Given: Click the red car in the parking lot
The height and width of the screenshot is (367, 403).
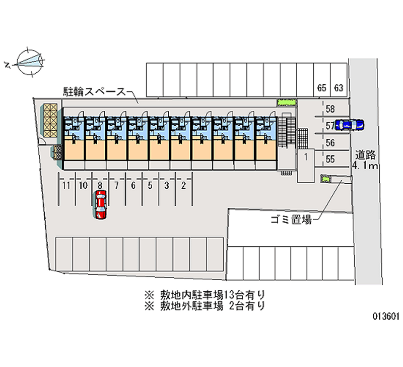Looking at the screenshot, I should coord(101,204).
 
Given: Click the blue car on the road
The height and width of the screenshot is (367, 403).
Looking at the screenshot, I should coord(349,124).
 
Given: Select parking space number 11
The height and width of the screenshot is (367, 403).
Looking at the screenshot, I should coord(66,186).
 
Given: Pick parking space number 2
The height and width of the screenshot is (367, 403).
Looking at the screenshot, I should coord(183,186).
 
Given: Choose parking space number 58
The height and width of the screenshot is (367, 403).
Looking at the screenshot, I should coord(330,109).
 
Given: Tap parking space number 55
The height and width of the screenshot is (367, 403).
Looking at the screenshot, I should coord(330,159).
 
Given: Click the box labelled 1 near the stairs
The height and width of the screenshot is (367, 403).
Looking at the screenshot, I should coord(306,157).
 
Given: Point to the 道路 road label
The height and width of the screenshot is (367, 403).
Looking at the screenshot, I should coord(365,154).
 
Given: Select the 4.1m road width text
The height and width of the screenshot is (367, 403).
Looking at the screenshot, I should coord(365,166).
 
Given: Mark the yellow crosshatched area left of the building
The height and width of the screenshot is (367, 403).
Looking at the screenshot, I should coord(50,121).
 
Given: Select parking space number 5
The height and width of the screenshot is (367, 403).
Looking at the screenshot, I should coord(150,186).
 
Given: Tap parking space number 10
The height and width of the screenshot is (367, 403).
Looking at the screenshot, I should coord(83,186).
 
